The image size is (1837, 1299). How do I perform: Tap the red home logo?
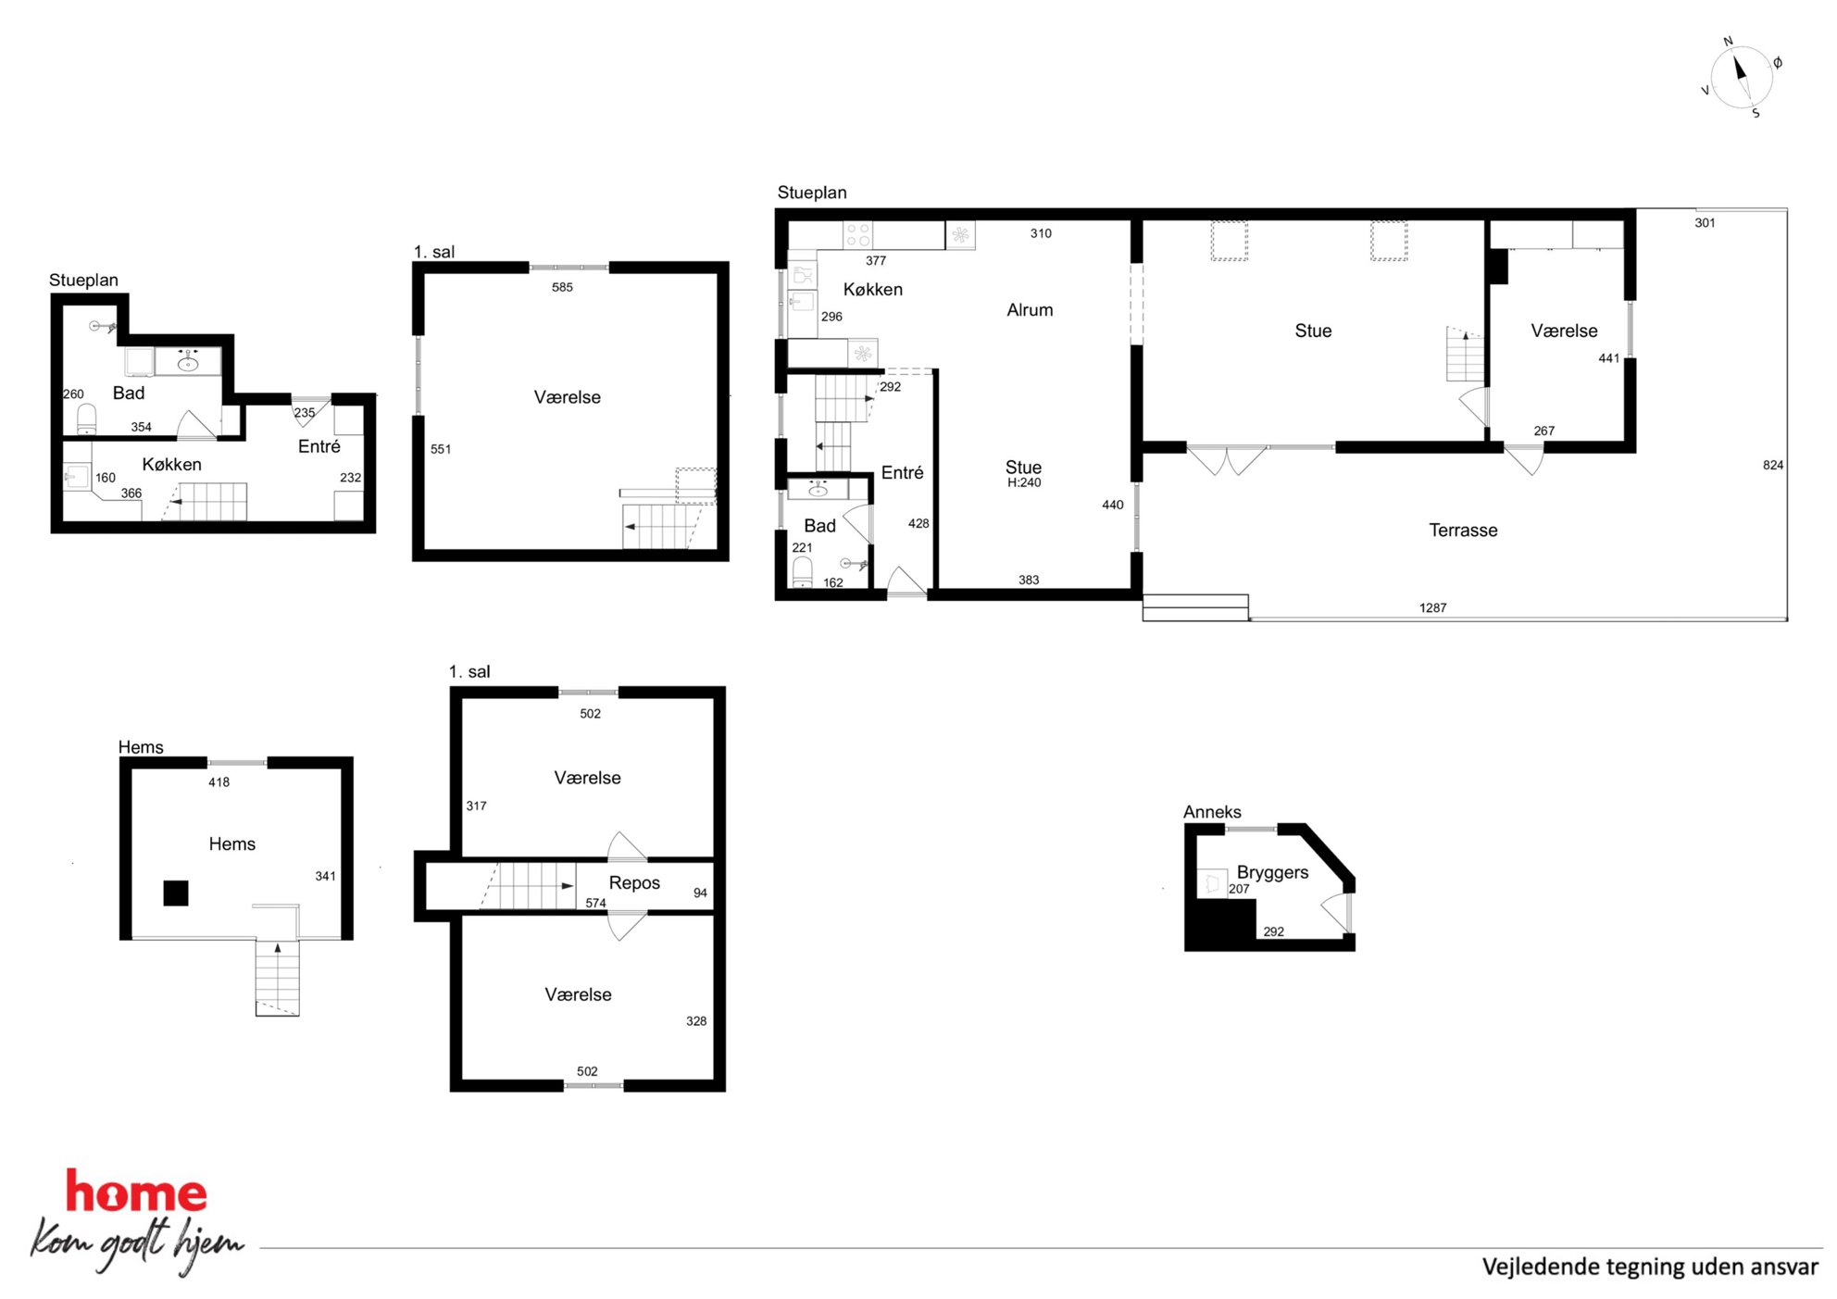(136, 1192)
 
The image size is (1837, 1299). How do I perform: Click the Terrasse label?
(1463, 531)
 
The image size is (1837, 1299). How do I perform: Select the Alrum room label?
(1030, 310)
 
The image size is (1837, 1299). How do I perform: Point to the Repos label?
(634, 883)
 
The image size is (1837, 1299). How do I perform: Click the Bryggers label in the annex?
(1272, 873)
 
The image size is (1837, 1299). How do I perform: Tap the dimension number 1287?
(1432, 608)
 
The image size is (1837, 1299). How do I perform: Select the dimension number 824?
(1773, 465)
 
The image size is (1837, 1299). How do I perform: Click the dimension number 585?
(562, 287)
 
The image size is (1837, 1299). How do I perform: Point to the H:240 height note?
(1024, 482)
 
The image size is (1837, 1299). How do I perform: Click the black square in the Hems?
(176, 893)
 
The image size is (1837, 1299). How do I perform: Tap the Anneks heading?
(1212, 812)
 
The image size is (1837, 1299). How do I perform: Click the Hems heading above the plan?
(141, 747)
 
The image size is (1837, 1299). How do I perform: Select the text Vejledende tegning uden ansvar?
(1650, 1267)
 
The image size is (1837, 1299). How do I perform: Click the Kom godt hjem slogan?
(137, 1243)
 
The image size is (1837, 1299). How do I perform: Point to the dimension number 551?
(441, 449)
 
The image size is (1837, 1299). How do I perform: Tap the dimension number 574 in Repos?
(595, 903)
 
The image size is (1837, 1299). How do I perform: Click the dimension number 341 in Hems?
(325, 876)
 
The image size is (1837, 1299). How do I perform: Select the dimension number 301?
(1705, 223)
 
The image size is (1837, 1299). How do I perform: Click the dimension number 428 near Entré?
(918, 523)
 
